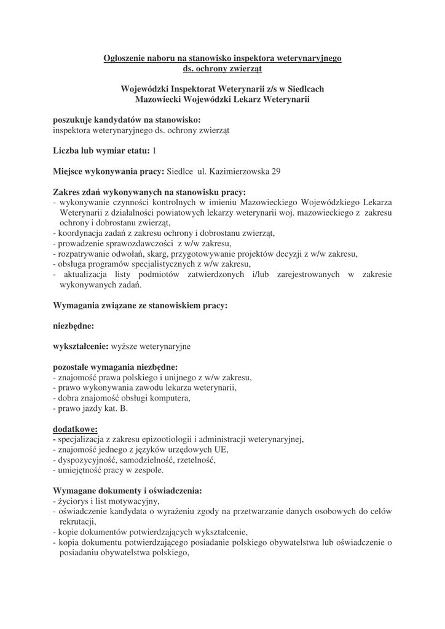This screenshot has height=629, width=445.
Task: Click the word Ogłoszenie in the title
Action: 126,58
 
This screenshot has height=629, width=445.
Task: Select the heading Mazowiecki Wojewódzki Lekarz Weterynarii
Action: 222,99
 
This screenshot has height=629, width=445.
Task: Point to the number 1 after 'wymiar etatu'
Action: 154,150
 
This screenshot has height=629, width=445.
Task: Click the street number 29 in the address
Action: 276,171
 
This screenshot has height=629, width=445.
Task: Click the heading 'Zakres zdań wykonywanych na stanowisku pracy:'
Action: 149,192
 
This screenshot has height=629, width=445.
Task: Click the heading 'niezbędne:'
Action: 74,326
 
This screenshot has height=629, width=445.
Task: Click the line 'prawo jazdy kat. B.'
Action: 92,408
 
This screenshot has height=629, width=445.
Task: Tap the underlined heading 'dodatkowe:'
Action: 75,429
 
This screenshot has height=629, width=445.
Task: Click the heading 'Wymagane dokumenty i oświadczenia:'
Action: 128,491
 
